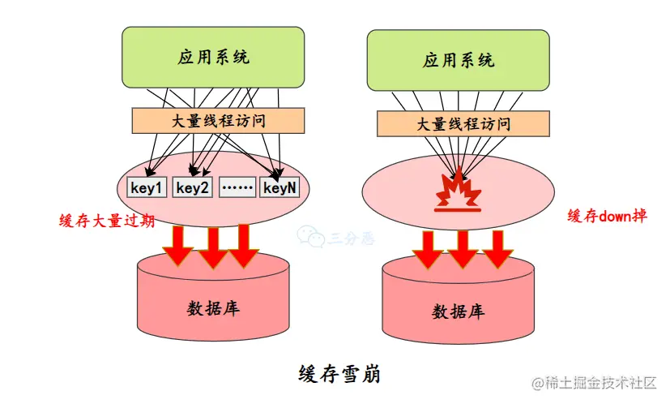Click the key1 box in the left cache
[x=147, y=188]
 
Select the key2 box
[x=193, y=188]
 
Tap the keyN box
[x=280, y=188]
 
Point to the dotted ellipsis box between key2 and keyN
[x=237, y=188]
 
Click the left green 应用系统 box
[x=213, y=58]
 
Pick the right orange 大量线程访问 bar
[x=463, y=123]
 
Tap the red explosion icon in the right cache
[x=459, y=190]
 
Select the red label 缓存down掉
[x=607, y=216]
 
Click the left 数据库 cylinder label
[x=213, y=308]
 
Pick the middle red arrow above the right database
[x=463, y=248]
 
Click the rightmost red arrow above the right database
[x=497, y=248]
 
